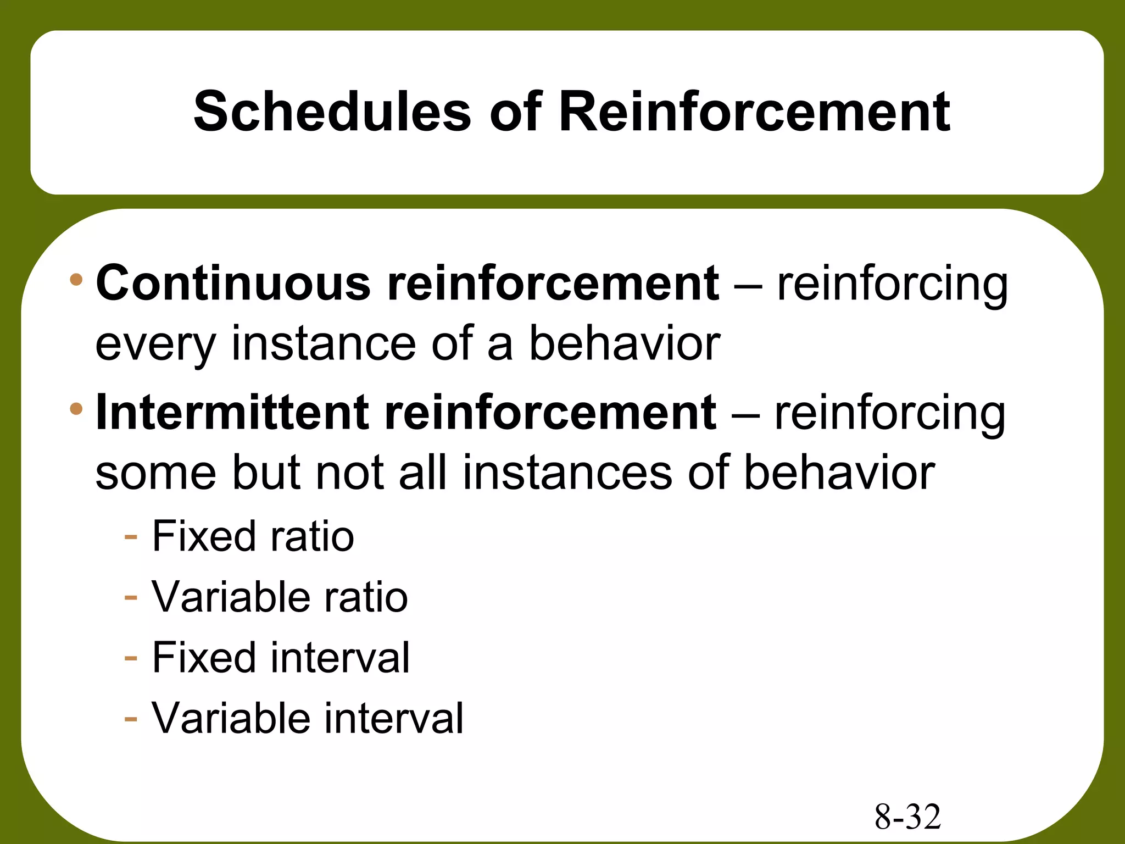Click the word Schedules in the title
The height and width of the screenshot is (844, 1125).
click(332, 112)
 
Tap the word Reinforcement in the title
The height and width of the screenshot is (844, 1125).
click(754, 112)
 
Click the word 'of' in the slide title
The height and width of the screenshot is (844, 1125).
click(515, 112)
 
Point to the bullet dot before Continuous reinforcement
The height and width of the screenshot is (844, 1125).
click(76, 280)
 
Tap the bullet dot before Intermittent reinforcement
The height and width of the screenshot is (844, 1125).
click(76, 409)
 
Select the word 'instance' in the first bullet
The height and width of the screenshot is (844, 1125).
click(323, 344)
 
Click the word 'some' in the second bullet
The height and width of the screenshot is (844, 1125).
click(156, 474)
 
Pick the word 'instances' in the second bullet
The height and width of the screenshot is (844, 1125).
click(567, 473)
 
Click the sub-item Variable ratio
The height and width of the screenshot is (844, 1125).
click(280, 597)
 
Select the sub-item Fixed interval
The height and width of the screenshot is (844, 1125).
click(280, 657)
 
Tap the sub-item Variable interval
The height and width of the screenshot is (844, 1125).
click(308, 718)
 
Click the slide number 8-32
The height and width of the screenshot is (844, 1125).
click(907, 817)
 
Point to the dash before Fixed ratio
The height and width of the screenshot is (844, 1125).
click(131, 536)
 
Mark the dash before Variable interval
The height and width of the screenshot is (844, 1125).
click(131, 719)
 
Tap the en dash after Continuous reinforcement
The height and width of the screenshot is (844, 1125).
click(748, 285)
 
